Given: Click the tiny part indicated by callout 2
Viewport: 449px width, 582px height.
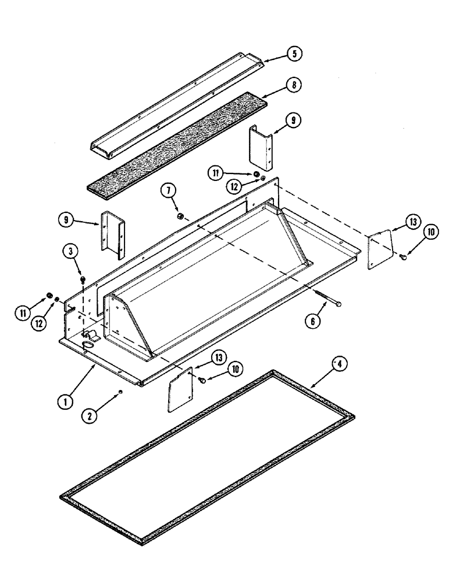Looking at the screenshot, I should coord(119,391).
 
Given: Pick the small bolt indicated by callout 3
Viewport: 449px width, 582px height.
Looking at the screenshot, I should coord(84,281).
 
